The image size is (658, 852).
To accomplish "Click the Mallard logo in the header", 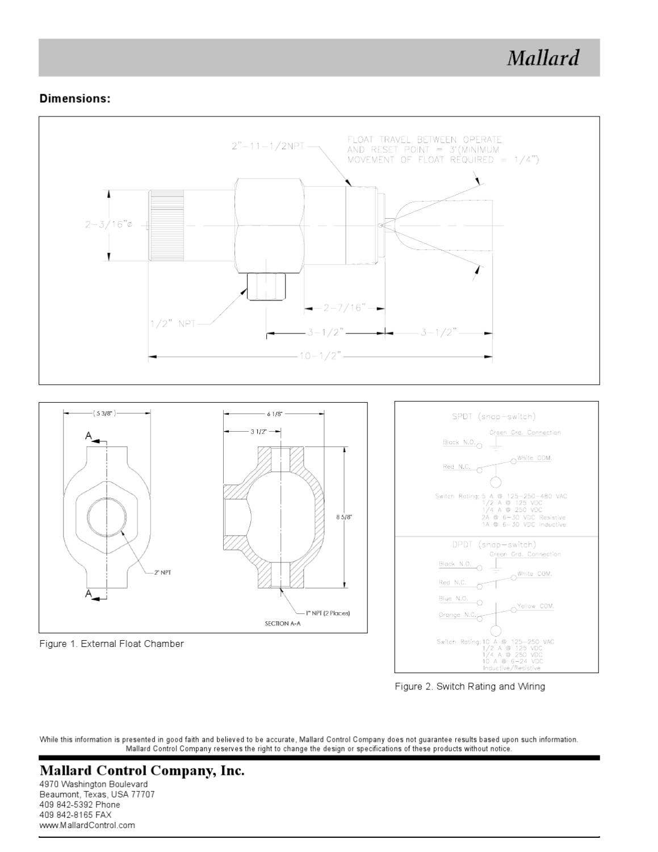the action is click(543, 58).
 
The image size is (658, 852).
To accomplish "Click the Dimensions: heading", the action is click(75, 99).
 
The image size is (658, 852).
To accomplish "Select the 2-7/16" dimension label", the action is click(343, 308).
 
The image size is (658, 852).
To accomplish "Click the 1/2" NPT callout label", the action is click(173, 324).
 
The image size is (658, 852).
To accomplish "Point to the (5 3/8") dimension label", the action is click(105, 414).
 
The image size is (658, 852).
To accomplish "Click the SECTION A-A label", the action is click(282, 624).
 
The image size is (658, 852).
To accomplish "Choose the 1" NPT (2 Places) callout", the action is click(328, 613).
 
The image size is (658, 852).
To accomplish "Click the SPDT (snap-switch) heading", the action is click(493, 417).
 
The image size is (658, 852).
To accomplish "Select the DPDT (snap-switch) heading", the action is click(493, 545).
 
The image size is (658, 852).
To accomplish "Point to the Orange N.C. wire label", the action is click(457, 615).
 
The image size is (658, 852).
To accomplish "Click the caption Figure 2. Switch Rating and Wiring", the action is click(470, 687).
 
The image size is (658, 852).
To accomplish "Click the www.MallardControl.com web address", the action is click(87, 825).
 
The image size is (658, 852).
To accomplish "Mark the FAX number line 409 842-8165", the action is click(76, 815).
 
